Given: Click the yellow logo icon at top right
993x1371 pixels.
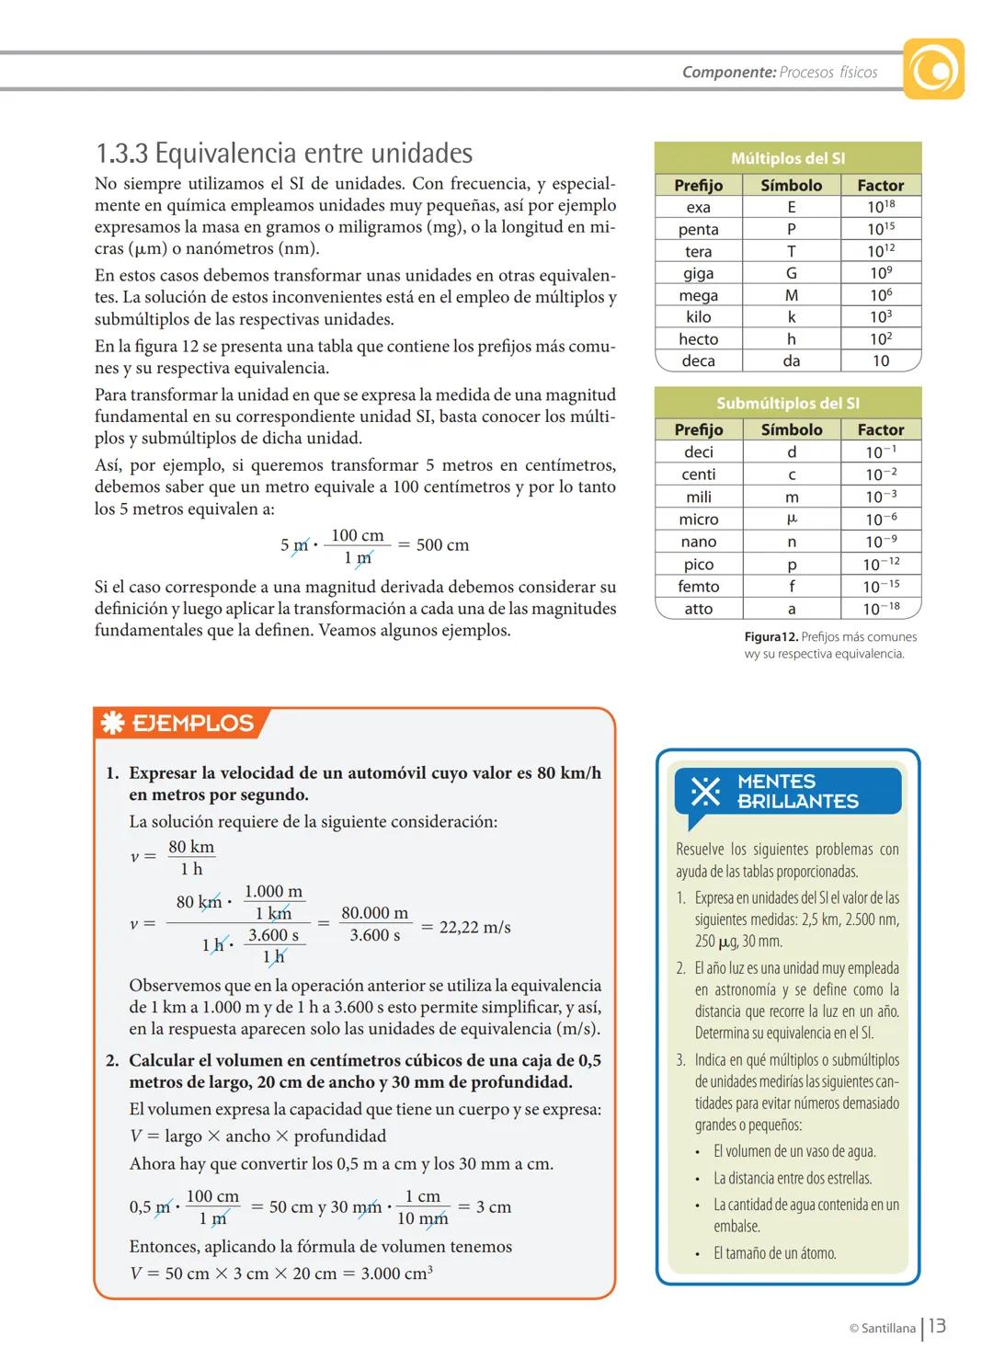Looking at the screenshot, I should [x=933, y=69].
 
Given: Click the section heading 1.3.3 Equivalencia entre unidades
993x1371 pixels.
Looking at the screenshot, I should [x=284, y=153].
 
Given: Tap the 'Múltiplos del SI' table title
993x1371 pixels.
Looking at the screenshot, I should [x=788, y=158].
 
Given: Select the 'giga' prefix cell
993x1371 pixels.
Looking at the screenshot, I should [x=699, y=273].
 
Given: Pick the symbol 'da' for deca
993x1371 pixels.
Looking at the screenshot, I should [x=791, y=361].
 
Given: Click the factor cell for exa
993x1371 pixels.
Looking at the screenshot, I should [x=881, y=207].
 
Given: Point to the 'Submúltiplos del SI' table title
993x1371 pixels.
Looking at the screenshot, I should [x=788, y=403].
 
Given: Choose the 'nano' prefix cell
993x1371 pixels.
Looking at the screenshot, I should [x=699, y=542].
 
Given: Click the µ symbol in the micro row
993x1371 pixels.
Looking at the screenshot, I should [x=792, y=520].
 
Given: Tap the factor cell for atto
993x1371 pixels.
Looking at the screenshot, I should [x=881, y=609].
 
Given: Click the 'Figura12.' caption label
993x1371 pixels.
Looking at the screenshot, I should [x=770, y=637].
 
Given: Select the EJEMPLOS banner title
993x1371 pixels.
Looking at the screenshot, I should [x=192, y=723].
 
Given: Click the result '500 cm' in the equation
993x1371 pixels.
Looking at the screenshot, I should [x=442, y=545].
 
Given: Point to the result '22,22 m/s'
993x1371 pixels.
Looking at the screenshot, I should [x=474, y=927].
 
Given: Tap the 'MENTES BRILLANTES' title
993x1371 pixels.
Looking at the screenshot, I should [x=797, y=792].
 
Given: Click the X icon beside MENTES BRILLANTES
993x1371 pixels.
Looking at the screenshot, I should [x=705, y=792].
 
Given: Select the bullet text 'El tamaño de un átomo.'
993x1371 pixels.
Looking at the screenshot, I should [x=774, y=1253].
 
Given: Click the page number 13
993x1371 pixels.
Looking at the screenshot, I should [x=937, y=1326].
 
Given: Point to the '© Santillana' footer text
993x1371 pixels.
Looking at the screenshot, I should [x=882, y=1328].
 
